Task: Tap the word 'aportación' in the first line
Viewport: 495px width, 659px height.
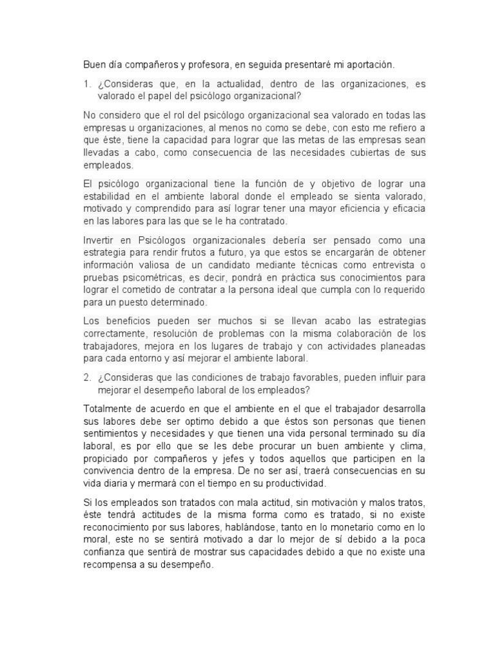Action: [367, 65]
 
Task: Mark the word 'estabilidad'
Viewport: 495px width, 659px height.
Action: [110, 196]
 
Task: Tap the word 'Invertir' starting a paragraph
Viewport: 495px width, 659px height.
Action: [102, 239]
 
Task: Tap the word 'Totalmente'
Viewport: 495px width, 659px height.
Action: [111, 409]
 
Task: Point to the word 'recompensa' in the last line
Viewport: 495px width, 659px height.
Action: [112, 564]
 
